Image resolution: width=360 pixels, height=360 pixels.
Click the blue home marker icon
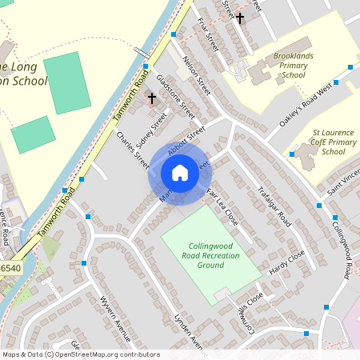coord(180,173)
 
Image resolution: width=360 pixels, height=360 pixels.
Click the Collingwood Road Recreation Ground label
coord(210,255)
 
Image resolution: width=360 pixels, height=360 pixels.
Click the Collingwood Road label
coord(341,249)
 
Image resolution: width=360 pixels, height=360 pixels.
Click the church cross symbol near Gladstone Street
coord(152,98)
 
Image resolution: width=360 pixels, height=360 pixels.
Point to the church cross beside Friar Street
coord(239,17)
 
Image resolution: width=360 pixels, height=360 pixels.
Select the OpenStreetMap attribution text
coord(81,354)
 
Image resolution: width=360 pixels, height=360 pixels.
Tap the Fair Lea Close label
coord(222,206)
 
